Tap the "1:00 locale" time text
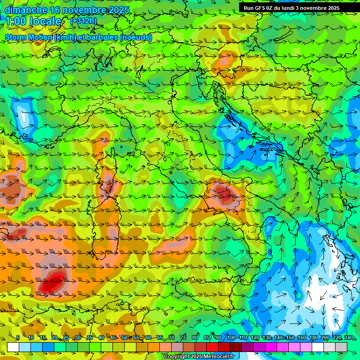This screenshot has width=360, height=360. click(x=33, y=22)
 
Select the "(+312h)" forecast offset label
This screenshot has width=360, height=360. click(x=83, y=21)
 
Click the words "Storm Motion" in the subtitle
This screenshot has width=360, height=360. click(x=29, y=37)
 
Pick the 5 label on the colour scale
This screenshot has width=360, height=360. click(x=18, y=337)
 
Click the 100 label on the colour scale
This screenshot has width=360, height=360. click(x=232, y=337)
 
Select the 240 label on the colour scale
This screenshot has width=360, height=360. click(x=349, y=337)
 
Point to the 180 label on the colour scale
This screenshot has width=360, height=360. click(x=314, y=337)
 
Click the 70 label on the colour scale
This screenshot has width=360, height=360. click(x=172, y=337)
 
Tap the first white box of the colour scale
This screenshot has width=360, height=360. click(x=13, y=347)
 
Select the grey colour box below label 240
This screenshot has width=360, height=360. click(x=341, y=347)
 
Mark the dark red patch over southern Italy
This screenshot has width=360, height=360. click(x=224, y=194)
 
